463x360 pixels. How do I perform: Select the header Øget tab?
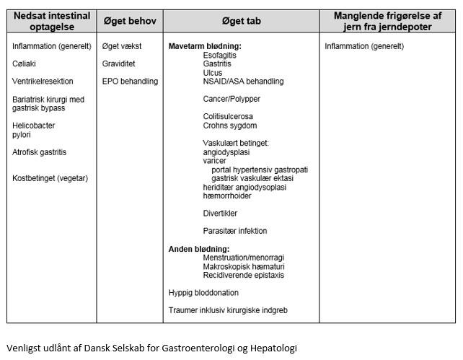click(x=241, y=21)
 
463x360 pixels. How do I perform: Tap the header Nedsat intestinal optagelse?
click(x=51, y=21)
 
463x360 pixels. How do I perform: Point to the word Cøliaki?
click(x=25, y=63)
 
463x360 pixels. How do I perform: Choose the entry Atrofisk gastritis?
click(x=40, y=152)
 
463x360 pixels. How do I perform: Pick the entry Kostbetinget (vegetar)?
click(x=50, y=178)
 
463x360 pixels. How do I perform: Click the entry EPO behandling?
click(x=130, y=82)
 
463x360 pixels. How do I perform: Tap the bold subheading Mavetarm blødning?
click(x=205, y=46)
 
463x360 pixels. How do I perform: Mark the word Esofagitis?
click(x=221, y=55)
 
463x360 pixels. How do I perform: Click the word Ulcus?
click(x=212, y=73)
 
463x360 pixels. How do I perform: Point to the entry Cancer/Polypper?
click(x=231, y=99)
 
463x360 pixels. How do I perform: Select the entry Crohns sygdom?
click(x=230, y=126)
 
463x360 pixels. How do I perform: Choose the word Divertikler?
click(x=220, y=214)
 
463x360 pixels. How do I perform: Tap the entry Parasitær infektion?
click(x=235, y=231)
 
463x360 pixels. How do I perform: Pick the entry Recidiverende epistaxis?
click(x=244, y=275)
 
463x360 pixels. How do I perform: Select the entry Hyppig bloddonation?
click(x=203, y=293)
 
